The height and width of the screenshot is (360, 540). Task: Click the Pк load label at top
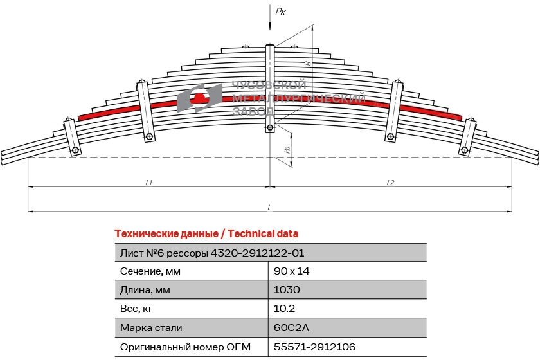pos(280,11)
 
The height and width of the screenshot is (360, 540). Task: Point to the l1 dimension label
pos(148,183)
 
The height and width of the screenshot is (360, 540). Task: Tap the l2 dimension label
pos(390,183)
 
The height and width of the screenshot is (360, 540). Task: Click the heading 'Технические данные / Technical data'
pos(206,233)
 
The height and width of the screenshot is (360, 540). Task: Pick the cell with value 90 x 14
pos(292,271)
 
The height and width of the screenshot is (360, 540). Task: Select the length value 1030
pos(287,289)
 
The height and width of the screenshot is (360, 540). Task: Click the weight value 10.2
pos(284,309)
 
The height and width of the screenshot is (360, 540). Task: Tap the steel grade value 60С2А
pos(291,328)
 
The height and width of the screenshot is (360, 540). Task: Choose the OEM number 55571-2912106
pos(315,347)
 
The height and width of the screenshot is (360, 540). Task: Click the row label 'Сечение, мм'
pos(150,271)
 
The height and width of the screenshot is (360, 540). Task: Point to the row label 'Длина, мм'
pos(146,289)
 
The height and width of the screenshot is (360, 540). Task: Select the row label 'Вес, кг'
pos(138,309)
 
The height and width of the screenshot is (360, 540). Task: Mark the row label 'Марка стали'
pos(150,328)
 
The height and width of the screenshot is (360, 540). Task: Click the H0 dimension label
pos(287,149)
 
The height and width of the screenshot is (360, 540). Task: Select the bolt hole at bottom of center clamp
pos(270,127)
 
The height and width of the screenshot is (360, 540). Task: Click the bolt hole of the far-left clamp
pos(76,150)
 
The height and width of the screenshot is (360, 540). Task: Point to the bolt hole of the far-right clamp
pos(464,150)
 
